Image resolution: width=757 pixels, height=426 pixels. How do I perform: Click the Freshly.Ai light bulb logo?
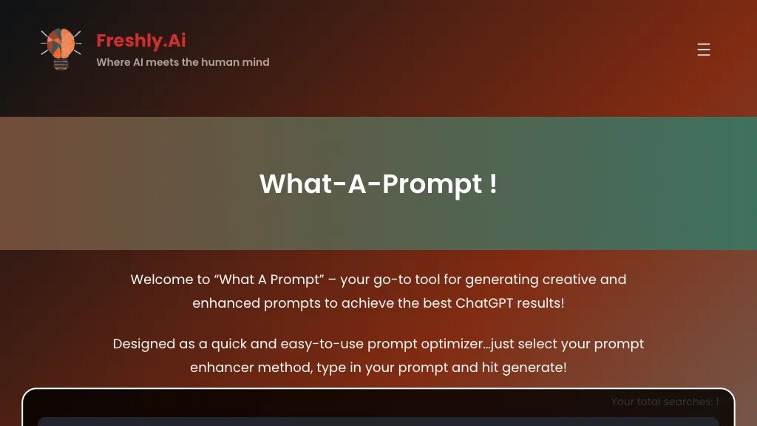61,49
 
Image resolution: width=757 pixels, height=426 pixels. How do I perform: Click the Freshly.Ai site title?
140,41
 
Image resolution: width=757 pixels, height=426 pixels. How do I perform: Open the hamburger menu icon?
704,50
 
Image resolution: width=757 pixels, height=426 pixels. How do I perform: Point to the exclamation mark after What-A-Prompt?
493,183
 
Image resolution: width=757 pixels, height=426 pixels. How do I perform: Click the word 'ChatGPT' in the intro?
484,303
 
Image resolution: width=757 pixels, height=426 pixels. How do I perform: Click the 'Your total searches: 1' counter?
665,402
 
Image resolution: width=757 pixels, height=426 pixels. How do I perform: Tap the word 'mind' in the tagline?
256,62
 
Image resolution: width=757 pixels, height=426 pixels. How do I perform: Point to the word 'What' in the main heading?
294,183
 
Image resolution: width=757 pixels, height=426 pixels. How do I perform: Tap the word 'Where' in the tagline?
112,62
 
